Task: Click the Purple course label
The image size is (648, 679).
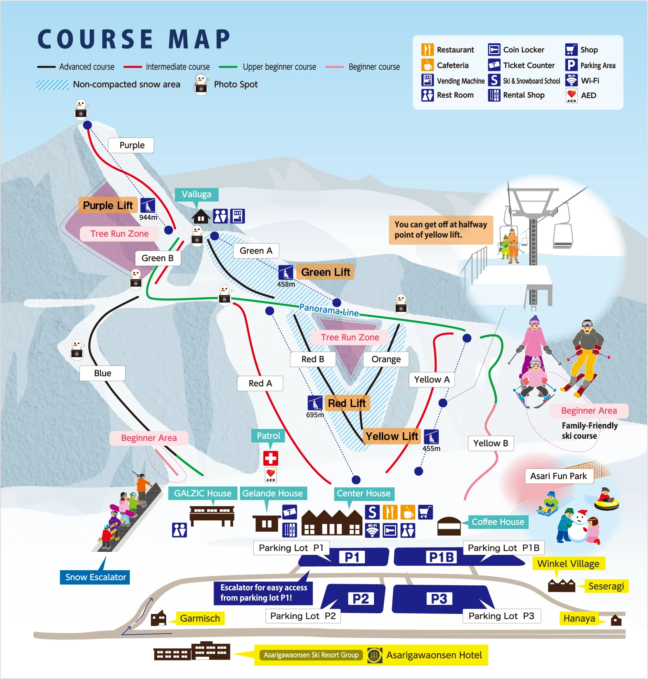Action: tap(131, 145)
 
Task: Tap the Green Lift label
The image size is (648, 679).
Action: tap(325, 272)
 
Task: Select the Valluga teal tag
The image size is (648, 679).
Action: tap(196, 194)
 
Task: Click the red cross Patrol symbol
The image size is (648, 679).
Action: tap(270, 458)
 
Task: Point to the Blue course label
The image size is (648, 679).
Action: tap(102, 373)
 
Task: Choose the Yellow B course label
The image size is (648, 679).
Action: tap(490, 443)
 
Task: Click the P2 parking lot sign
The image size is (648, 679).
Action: tap(361, 598)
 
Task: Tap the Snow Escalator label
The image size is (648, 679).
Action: tap(95, 577)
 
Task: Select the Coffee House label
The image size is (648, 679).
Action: tap(498, 522)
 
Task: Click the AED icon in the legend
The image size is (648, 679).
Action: tap(572, 95)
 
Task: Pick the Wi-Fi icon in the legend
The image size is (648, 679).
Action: tap(572, 80)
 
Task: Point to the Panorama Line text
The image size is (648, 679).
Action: tap(329, 310)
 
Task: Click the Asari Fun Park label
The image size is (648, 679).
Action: tap(558, 476)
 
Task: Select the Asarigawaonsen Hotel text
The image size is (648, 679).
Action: tap(434, 655)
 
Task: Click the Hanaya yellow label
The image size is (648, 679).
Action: tap(579, 618)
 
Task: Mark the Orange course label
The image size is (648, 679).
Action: tap(386, 359)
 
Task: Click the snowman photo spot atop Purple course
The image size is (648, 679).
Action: tap(81, 109)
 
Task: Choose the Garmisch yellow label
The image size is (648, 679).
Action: tap(200, 618)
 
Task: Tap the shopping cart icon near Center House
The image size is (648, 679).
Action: tap(425, 512)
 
